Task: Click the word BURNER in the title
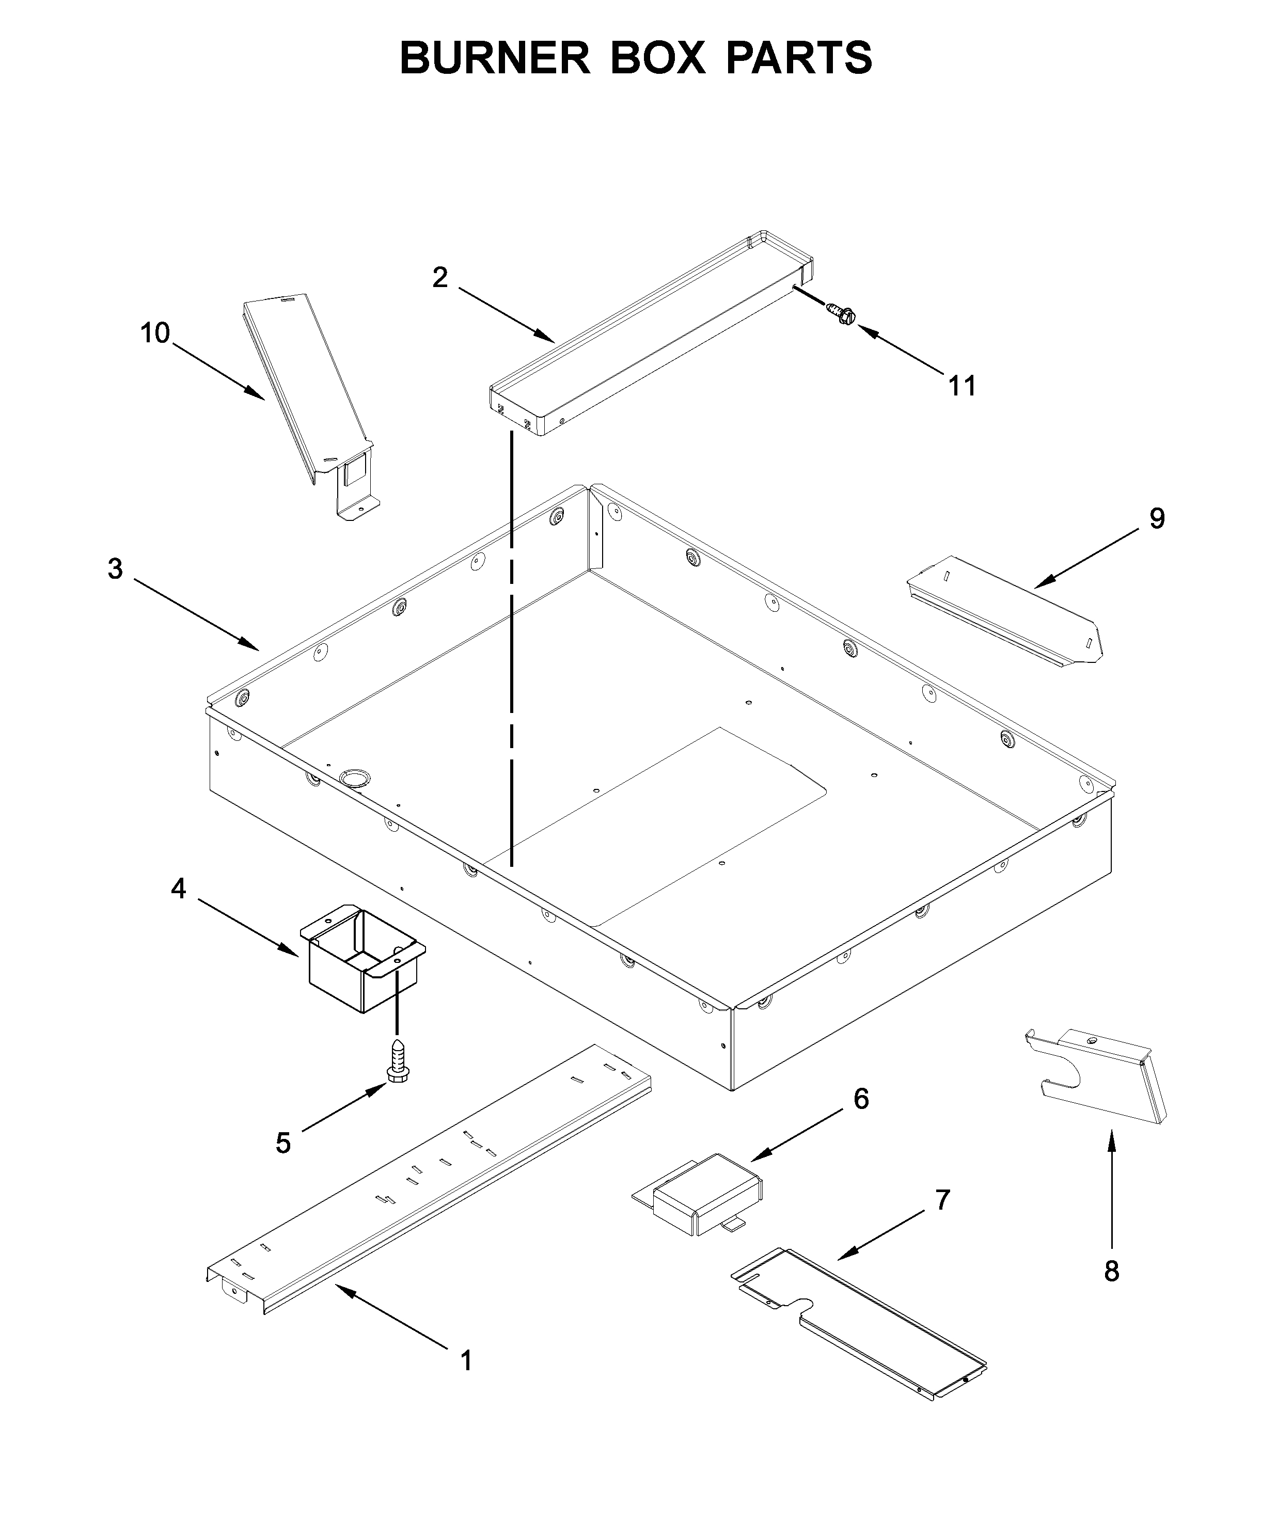pos(495,57)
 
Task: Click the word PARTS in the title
pos(799,57)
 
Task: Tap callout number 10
pos(154,334)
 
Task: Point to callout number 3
pos(115,569)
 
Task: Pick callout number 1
pos(467,1360)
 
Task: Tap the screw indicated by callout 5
pos(397,1063)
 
